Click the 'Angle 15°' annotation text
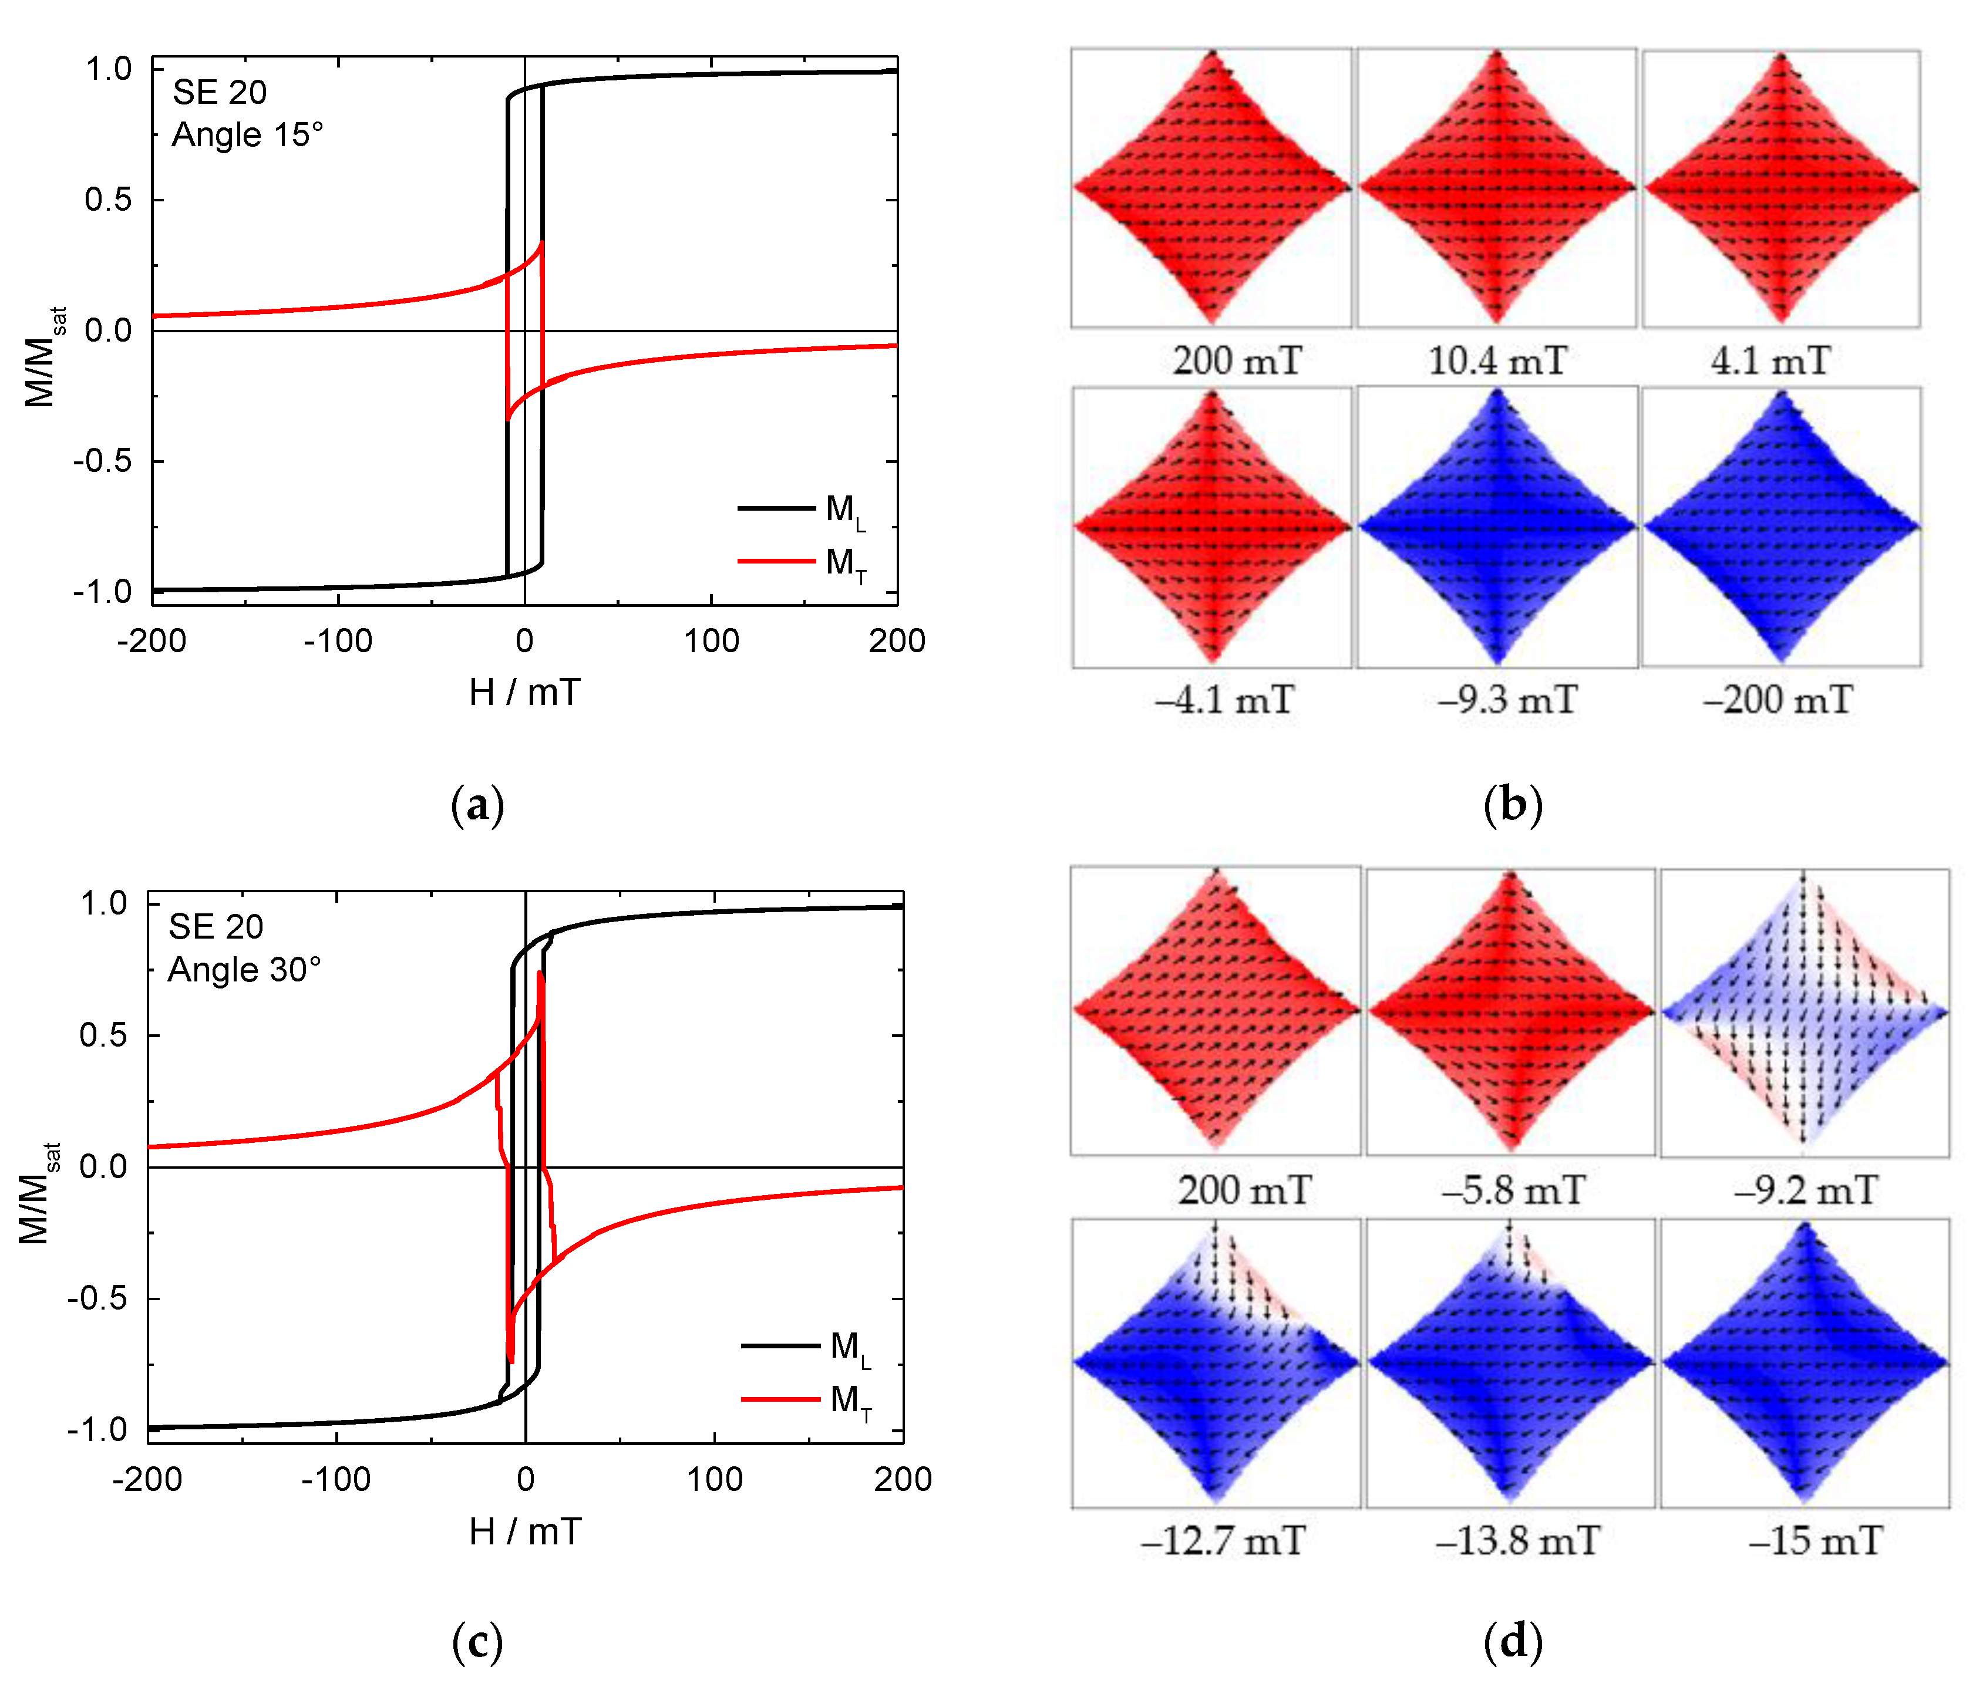click(247, 135)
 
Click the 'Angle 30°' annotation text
click(244, 970)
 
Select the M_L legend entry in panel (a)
click(802, 509)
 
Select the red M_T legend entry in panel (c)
click(806, 1399)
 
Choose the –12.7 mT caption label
click(1223, 1541)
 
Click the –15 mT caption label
click(1815, 1541)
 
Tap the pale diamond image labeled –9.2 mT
click(1804, 1012)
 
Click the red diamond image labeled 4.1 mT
click(1780, 188)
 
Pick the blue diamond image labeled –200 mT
click(1780, 526)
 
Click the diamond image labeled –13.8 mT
click(1510, 1362)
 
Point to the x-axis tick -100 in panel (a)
click(338, 641)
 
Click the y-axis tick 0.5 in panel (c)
click(102, 1035)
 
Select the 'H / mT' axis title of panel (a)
click(524, 693)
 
